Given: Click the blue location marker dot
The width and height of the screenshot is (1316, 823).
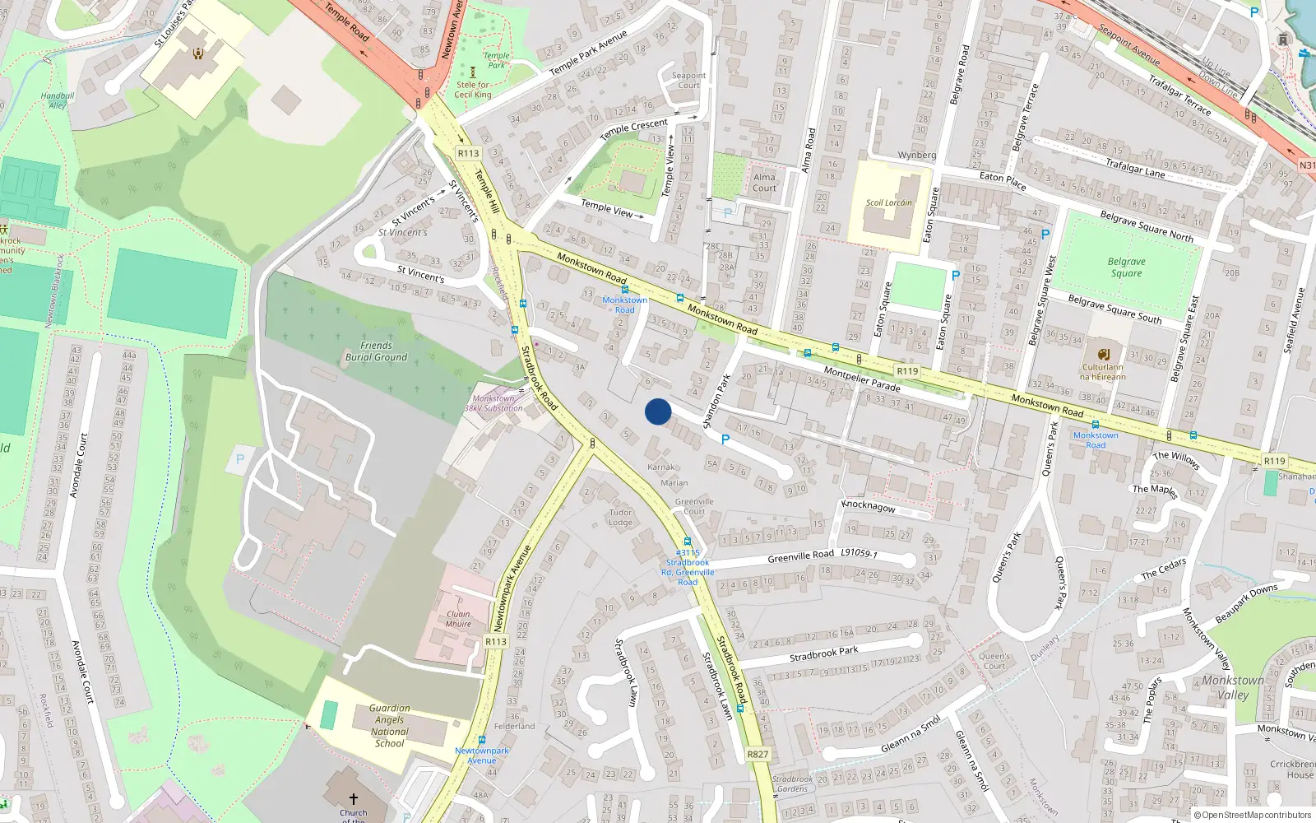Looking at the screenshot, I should pos(658,411).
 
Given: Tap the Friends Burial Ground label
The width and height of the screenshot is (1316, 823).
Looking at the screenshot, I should pos(376,351).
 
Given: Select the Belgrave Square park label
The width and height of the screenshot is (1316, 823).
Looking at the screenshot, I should pos(1126,267).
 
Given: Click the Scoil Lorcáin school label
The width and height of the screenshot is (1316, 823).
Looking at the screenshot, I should pos(888,202).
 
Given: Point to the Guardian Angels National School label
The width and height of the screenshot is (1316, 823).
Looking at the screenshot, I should pos(389,725).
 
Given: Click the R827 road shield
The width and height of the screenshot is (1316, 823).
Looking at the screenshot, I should pos(758,754).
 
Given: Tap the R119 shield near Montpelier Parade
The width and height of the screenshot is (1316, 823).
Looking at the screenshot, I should pos(907,371).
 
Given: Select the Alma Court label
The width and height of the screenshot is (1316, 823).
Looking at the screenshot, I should pos(764,182).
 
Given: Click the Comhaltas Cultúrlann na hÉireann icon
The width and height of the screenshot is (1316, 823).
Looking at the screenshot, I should pos(1103,354).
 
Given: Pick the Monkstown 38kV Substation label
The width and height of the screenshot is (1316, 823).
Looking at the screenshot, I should pos(493,403).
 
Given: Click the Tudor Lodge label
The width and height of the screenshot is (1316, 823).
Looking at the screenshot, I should pos(621,517).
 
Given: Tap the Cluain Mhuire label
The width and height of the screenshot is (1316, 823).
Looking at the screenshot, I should pos(458,619).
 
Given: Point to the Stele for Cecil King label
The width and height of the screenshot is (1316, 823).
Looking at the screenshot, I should pos(473,90).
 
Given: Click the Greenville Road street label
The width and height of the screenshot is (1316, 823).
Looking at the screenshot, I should pos(800,557).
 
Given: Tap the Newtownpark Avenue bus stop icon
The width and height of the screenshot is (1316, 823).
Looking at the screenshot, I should pos(481,740).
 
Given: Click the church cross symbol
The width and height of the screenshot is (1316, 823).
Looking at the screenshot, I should pos(354,798).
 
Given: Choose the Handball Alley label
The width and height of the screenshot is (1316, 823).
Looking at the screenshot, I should pos(58,100).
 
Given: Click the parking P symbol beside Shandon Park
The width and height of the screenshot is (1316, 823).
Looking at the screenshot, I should pos(725,439).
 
